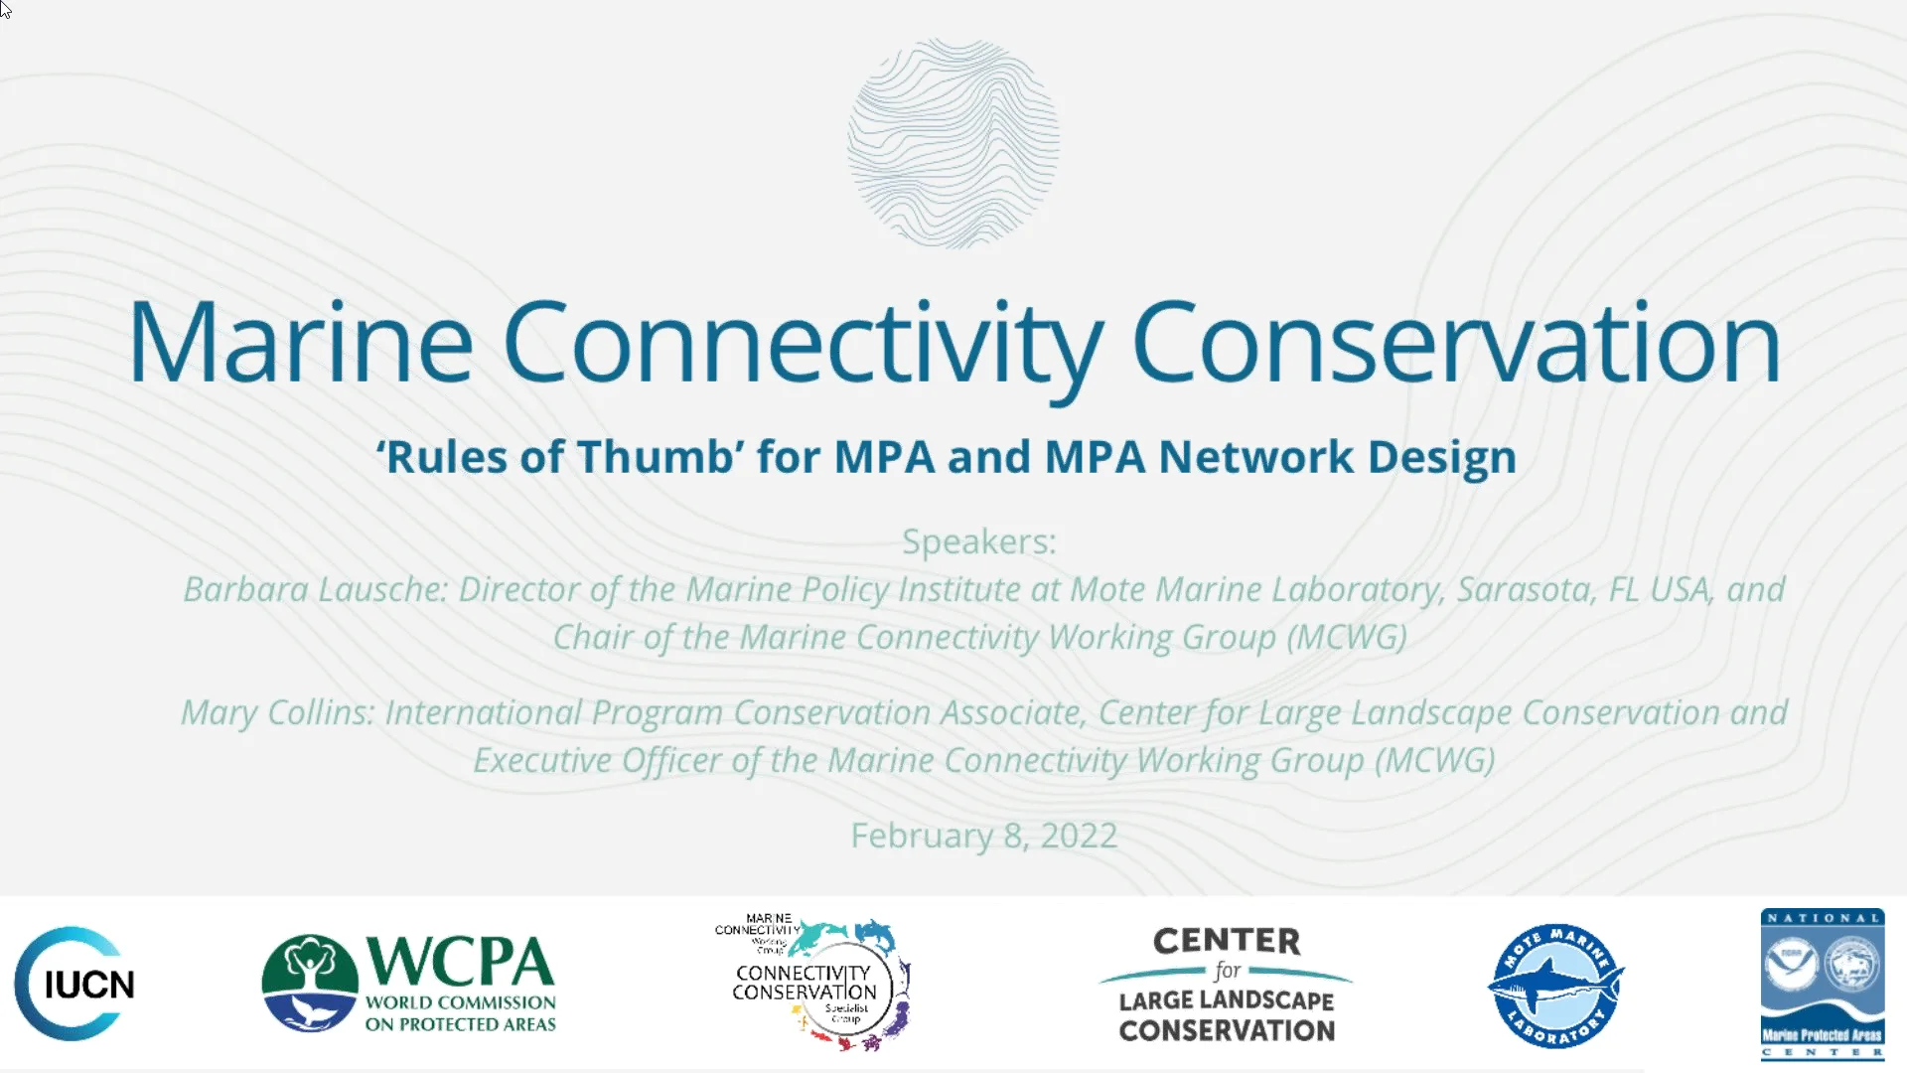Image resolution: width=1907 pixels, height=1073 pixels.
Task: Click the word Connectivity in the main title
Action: tap(803, 343)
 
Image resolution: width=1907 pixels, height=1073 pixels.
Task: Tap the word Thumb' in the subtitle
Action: tap(660, 457)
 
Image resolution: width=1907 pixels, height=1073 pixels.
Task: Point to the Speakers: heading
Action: tap(978, 541)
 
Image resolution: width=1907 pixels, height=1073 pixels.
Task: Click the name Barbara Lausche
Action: tap(315, 589)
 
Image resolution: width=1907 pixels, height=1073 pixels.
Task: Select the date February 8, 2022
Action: tap(983, 836)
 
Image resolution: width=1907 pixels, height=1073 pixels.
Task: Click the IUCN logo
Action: tap(75, 984)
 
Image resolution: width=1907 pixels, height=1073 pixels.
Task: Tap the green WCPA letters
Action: tap(459, 961)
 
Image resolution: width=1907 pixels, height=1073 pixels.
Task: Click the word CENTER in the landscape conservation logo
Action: tap(1227, 941)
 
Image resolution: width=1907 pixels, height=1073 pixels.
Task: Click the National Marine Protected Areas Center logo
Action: tap(1822, 985)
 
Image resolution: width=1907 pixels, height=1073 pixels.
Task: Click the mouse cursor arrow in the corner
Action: tap(6, 10)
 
